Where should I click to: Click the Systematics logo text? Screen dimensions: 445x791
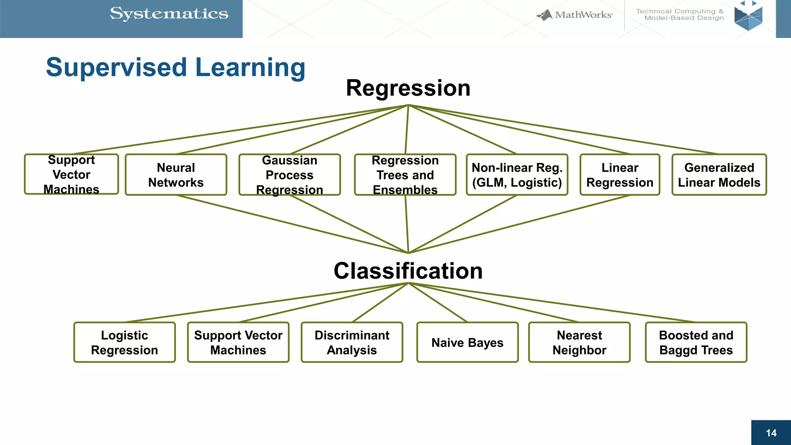(169, 14)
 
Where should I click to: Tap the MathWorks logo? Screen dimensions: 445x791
(575, 15)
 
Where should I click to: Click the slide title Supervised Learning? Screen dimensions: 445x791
(175, 67)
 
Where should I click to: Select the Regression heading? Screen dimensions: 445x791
(408, 88)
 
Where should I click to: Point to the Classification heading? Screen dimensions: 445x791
(408, 271)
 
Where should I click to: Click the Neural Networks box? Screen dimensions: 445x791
(176, 175)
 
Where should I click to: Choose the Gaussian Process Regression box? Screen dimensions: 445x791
(289, 175)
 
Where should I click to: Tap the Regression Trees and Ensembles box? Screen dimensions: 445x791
(405, 175)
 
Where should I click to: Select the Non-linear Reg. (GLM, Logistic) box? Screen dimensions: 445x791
(517, 175)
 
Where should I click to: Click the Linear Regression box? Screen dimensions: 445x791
(620, 175)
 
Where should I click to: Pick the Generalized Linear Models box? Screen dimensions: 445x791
(719, 175)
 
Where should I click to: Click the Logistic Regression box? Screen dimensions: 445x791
(124, 343)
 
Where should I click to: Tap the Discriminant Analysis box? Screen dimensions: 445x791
(352, 343)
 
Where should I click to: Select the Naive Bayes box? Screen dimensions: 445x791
(467, 343)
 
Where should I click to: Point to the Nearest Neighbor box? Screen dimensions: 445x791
(579, 343)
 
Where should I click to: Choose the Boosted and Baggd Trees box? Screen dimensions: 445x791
(696, 343)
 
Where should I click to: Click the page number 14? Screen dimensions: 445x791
(771, 433)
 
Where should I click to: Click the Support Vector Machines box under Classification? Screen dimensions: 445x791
(238, 343)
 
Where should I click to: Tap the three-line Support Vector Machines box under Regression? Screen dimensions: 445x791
(71, 175)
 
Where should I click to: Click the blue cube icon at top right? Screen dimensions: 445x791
(748, 17)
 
